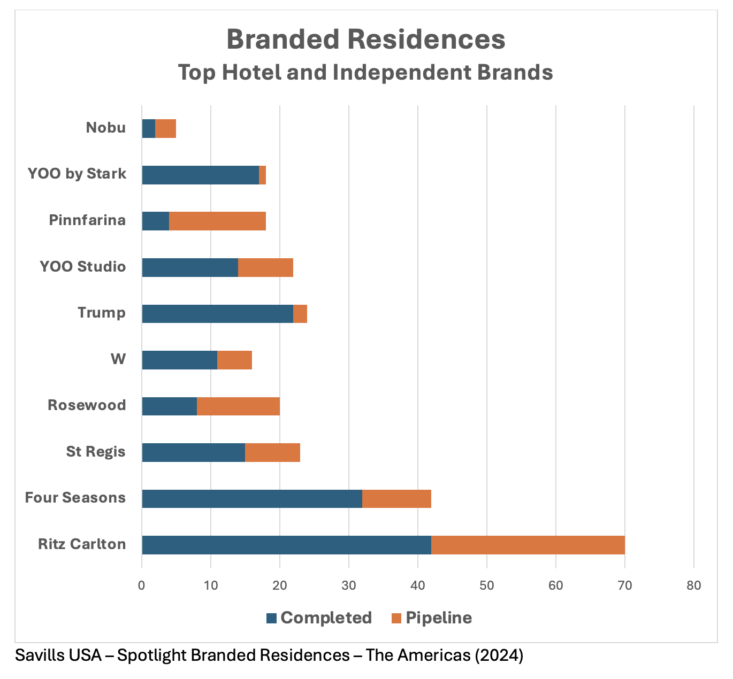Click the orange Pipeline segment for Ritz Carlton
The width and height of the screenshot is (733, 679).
528,544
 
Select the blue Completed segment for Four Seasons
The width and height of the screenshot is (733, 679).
252,498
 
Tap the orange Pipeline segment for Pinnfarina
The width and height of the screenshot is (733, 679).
217,221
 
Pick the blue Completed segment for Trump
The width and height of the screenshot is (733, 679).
217,313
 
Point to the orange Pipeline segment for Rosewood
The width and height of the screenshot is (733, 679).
238,406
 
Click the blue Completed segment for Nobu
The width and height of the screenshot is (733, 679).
149,128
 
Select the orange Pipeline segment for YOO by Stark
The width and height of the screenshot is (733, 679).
263,175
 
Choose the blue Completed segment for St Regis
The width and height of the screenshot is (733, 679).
193,452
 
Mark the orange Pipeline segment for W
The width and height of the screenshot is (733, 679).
234,360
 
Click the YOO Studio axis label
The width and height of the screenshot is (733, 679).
83,266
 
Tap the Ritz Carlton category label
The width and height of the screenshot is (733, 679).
82,544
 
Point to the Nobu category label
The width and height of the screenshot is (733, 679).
106,128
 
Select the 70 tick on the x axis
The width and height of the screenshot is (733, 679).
625,585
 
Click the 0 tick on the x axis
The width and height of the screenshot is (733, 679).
142,585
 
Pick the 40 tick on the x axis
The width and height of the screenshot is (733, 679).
418,585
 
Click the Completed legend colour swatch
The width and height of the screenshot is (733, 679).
272,618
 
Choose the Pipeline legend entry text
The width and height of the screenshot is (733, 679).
439,618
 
